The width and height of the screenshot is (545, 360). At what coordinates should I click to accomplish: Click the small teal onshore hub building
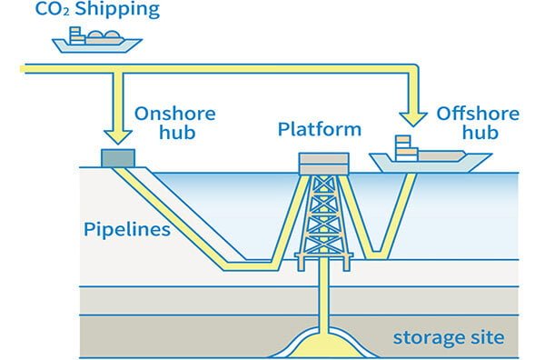tap(116, 157)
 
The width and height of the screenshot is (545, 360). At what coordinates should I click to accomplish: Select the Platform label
tap(319, 130)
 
